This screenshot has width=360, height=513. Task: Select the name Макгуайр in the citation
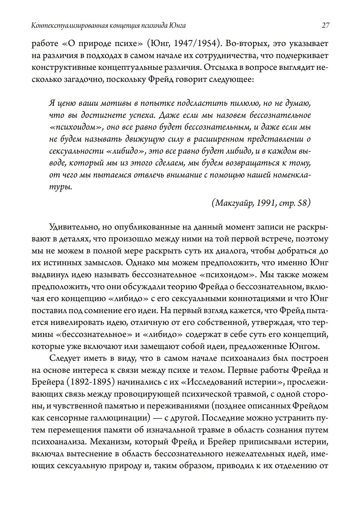(234, 203)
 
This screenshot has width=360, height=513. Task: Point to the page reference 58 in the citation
(303, 203)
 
